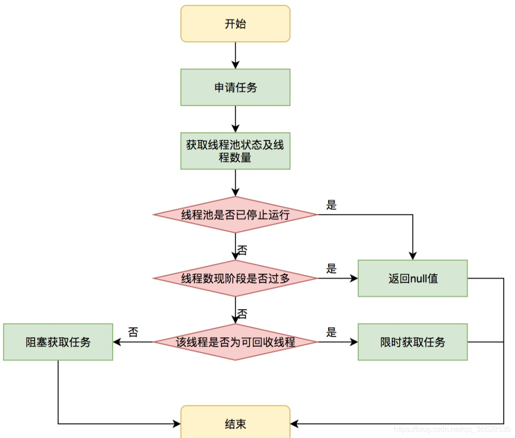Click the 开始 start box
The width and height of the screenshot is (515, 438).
click(x=235, y=24)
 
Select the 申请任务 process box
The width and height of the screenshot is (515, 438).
click(x=235, y=87)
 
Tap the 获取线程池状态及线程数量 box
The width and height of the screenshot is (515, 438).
click(x=235, y=151)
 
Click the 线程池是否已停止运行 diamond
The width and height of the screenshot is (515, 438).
click(x=235, y=215)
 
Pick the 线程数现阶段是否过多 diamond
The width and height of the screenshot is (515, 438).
click(x=235, y=278)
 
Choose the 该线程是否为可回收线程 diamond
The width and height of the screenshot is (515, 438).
click(x=235, y=342)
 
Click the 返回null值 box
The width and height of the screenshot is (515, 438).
click(x=412, y=278)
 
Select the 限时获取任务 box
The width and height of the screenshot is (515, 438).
click(x=412, y=342)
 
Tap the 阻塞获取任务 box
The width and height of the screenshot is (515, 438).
click(x=58, y=342)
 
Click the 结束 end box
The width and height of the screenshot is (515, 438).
click(x=235, y=424)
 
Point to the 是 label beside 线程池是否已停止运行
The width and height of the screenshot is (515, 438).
click(x=332, y=205)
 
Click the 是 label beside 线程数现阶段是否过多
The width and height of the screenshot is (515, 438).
click(x=332, y=269)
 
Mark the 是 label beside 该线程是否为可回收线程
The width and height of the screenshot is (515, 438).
click(x=332, y=333)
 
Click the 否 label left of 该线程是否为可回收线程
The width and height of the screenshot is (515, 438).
click(x=133, y=333)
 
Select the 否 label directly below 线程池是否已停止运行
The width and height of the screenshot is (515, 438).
click(x=243, y=250)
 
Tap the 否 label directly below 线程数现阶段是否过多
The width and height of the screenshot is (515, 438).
click(x=243, y=314)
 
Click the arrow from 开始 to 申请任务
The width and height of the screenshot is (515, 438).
click(x=235, y=55)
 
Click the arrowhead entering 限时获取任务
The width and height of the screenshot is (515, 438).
click(x=354, y=342)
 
